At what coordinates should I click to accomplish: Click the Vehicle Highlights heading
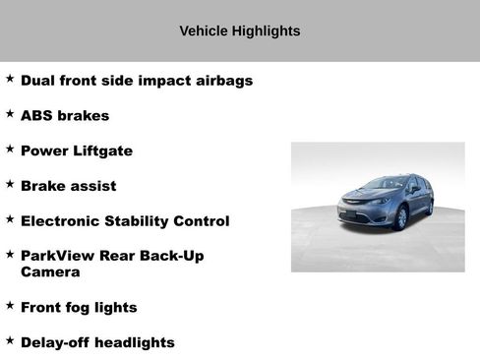(x=239, y=31)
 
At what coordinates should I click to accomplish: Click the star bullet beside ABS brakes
(x=10, y=114)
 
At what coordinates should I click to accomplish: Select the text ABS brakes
(x=65, y=116)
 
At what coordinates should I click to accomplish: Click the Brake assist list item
(x=68, y=186)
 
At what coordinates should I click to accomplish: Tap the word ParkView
(x=58, y=256)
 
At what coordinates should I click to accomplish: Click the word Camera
(x=50, y=272)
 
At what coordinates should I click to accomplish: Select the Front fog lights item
(x=79, y=308)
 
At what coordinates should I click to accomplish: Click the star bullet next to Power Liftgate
(x=10, y=150)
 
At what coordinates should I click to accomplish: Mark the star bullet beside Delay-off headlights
(x=10, y=340)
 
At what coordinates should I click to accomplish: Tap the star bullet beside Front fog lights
(x=10, y=306)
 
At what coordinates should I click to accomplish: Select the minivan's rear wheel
(x=429, y=207)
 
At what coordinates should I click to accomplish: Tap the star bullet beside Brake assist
(x=10, y=184)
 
